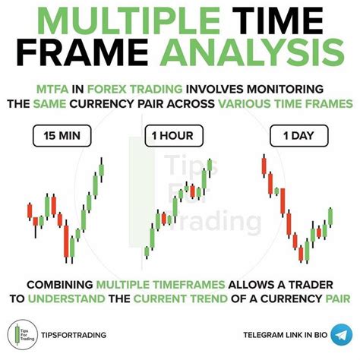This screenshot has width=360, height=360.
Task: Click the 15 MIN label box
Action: click(62, 136)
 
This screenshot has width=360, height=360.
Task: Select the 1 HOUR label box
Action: click(174, 136)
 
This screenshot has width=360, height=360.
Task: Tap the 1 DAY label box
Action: click(299, 136)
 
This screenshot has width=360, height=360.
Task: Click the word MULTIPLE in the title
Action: click(129, 21)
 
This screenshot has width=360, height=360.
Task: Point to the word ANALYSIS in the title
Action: click(252, 52)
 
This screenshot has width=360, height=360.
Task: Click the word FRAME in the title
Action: click(82, 52)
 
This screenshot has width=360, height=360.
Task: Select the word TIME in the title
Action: click(277, 21)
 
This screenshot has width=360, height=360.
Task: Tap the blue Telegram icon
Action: click(342, 334)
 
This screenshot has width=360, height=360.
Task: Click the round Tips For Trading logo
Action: click(23, 334)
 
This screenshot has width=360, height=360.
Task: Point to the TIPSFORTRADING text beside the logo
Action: click(74, 335)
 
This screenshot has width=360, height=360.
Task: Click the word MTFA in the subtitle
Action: click(52, 89)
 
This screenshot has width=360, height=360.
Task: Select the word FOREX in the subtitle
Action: click(106, 89)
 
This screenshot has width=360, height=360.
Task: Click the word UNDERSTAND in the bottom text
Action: click(66, 298)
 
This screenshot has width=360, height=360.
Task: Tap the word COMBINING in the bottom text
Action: click(60, 285)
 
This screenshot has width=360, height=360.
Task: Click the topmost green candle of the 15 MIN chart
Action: click(101, 169)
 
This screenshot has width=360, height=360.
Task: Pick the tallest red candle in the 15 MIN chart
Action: click(66, 242)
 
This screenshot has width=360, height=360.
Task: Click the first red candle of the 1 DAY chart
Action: click(264, 166)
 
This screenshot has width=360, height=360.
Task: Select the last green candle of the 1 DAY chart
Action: click(330, 216)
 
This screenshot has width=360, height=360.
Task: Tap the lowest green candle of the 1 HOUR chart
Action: click(147, 252)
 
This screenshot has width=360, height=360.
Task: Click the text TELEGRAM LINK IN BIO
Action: click(286, 335)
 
